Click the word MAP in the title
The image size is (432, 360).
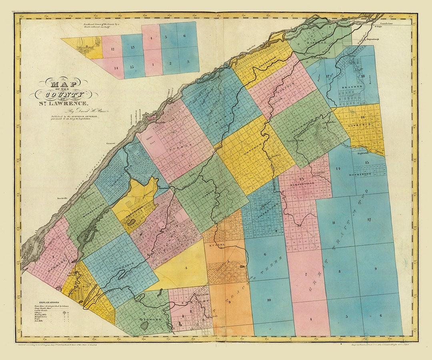64,84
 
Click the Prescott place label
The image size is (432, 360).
111,143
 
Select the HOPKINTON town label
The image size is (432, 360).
360,174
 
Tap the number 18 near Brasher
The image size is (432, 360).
362,76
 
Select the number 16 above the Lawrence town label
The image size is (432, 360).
362,117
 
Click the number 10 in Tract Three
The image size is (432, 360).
269,300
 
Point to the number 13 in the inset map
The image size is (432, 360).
132,48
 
